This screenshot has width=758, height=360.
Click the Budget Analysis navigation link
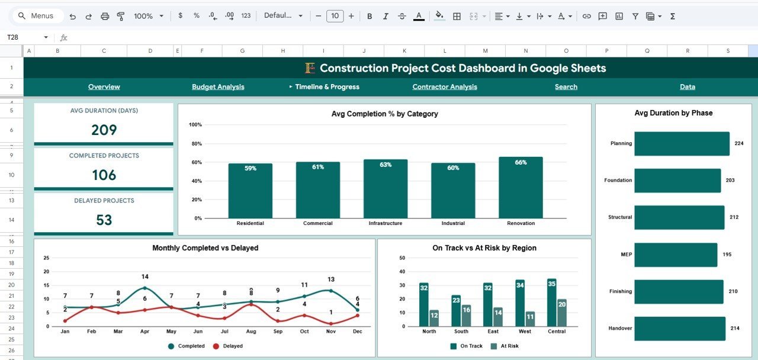pos(218,87)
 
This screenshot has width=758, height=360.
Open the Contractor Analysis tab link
pos(445,87)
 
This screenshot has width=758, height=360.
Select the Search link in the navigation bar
pos(566,87)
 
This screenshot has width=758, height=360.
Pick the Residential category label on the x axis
pos(250,223)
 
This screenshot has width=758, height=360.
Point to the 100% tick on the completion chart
pos(195,125)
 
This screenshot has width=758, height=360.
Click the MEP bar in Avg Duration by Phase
pos(675,255)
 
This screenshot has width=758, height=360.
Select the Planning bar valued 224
pos(682,143)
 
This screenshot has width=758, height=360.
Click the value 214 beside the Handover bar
pos(735,328)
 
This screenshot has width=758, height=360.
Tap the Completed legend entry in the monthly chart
pos(187,346)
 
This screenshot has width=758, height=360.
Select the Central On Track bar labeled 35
pos(552,302)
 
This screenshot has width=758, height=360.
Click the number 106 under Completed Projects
pos(104,175)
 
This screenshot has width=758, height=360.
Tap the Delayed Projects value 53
pos(104,220)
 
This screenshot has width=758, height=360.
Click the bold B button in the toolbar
pos(370,16)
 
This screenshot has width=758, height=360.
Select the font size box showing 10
pos(335,16)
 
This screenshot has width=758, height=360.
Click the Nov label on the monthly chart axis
pos(330,332)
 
